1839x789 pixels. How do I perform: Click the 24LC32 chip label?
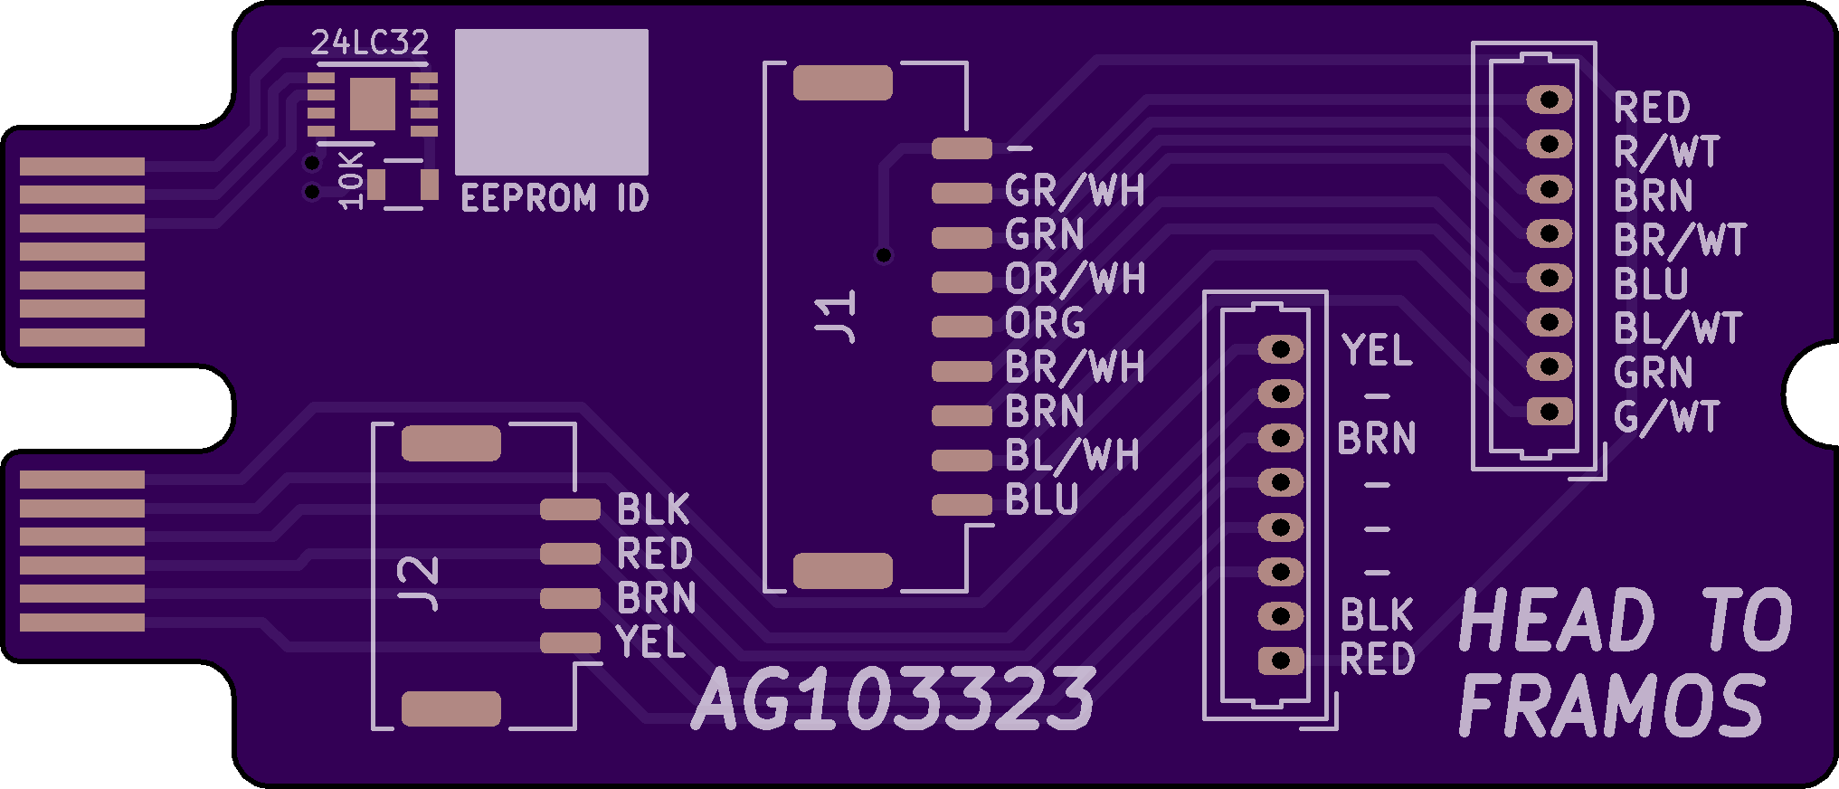pyautogui.click(x=369, y=42)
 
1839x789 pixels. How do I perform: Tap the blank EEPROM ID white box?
pyautogui.click(x=551, y=101)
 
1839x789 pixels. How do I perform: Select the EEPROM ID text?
pyautogui.click(x=555, y=198)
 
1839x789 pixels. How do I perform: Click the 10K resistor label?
pyautogui.click(x=349, y=180)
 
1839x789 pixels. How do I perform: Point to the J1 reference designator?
pyautogui.click(x=836, y=316)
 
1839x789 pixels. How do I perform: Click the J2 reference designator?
pyautogui.click(x=418, y=584)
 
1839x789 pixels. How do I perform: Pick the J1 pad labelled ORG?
pyautogui.click(x=962, y=326)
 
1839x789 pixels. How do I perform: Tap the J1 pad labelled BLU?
pyautogui.click(x=962, y=504)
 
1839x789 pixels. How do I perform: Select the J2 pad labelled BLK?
pyautogui.click(x=570, y=509)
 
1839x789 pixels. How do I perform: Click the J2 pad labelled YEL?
pyautogui.click(x=570, y=642)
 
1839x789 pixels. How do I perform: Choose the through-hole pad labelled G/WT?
pyautogui.click(x=1550, y=412)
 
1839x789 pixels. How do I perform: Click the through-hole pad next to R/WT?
pyautogui.click(x=1550, y=144)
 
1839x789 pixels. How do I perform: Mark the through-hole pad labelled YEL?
pyautogui.click(x=1281, y=349)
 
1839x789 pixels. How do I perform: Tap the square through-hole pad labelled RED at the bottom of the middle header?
pyautogui.click(x=1281, y=661)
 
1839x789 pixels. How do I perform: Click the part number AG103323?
pyautogui.click(x=894, y=699)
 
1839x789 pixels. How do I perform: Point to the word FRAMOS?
pyautogui.click(x=1612, y=706)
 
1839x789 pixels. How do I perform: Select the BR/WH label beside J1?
pyautogui.click(x=1075, y=367)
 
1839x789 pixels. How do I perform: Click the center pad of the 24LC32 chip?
pyautogui.click(x=372, y=103)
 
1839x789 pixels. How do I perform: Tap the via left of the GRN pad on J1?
pyautogui.click(x=884, y=255)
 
